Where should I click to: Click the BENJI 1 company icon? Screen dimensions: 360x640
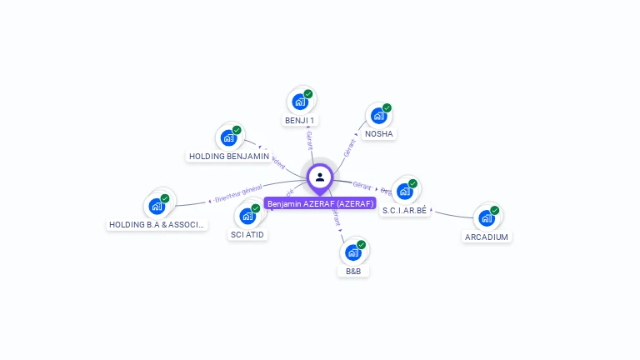pyautogui.click(x=300, y=102)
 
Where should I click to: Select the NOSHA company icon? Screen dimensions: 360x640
pyautogui.click(x=379, y=115)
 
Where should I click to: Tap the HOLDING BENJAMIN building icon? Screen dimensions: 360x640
pyautogui.click(x=228, y=137)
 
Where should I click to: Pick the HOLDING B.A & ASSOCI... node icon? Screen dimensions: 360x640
pyautogui.click(x=157, y=206)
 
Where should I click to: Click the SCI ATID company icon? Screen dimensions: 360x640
pyautogui.click(x=247, y=216)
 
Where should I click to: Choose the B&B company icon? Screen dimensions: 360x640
pyautogui.click(x=353, y=252)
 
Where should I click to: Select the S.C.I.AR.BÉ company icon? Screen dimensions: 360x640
pyautogui.click(x=405, y=191)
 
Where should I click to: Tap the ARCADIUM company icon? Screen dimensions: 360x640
pyautogui.click(x=487, y=218)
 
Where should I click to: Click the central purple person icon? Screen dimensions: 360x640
pyautogui.click(x=320, y=177)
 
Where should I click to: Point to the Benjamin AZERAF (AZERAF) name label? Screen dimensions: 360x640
pyautogui.click(x=320, y=203)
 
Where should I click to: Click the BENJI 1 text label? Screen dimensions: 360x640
pyautogui.click(x=300, y=121)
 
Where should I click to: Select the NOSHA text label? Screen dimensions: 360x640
pyautogui.click(x=379, y=134)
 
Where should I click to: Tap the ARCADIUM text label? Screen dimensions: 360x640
pyautogui.click(x=487, y=237)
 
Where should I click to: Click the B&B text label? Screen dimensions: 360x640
pyautogui.click(x=353, y=272)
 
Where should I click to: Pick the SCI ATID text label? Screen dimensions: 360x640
pyautogui.click(x=248, y=235)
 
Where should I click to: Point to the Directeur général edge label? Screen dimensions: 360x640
pyautogui.click(x=238, y=194)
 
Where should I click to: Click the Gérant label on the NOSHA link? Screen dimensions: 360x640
pyautogui.click(x=349, y=147)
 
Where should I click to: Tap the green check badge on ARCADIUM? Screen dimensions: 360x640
pyautogui.click(x=495, y=210)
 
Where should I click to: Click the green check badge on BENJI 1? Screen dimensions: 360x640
pyautogui.click(x=308, y=94)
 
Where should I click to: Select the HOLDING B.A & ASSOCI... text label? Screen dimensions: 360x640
pyautogui.click(x=157, y=225)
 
